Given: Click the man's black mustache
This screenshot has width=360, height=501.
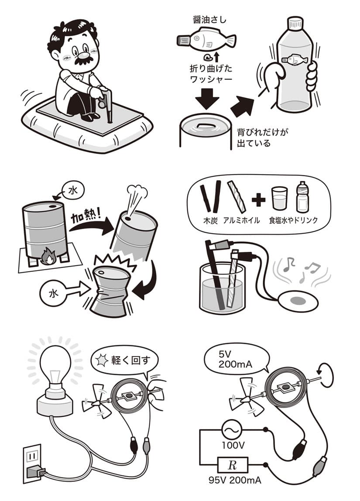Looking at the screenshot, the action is [x=84, y=61].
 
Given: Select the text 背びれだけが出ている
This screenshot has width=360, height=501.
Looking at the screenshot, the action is [x=262, y=138].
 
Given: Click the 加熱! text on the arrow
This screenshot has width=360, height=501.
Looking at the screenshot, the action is [x=85, y=218].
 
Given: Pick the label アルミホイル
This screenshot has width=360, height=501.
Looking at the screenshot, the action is [x=241, y=220].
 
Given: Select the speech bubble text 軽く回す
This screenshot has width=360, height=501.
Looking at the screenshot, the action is [x=130, y=360].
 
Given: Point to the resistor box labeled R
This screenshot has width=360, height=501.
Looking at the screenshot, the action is [x=233, y=465].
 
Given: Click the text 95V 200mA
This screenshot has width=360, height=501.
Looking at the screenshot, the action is [x=235, y=480].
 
